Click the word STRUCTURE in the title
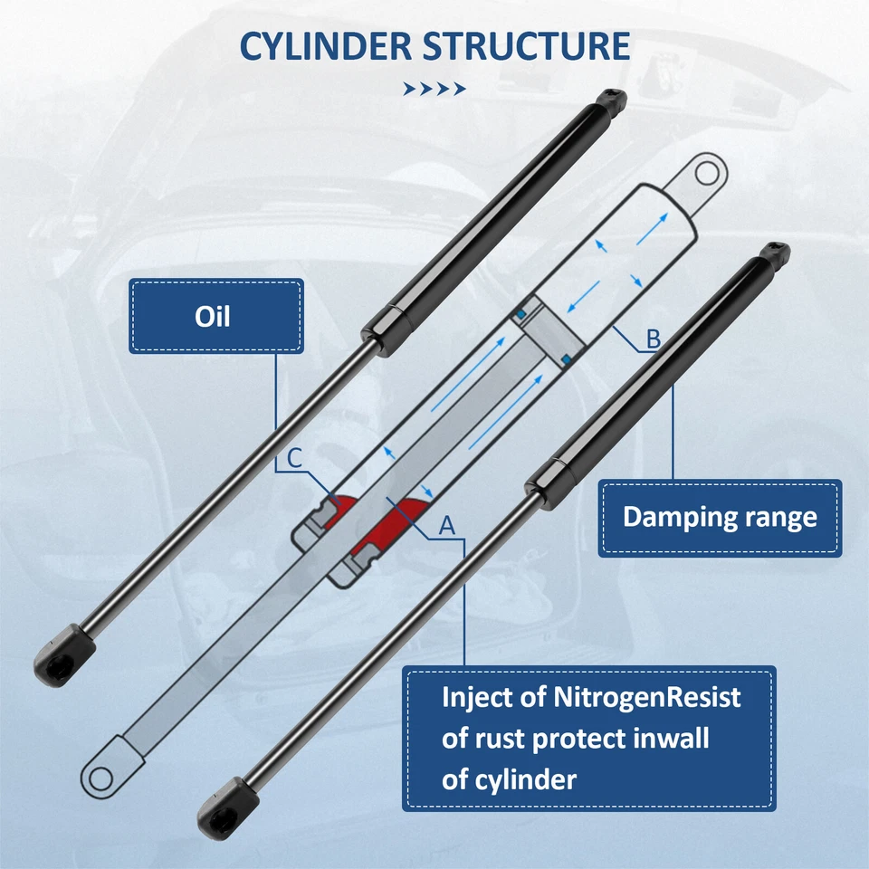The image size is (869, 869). [527, 45]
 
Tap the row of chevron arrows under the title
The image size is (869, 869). [434, 89]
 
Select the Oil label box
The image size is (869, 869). [216, 316]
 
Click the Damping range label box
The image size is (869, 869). [720, 518]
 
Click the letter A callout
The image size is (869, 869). [445, 524]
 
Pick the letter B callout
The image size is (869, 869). [653, 339]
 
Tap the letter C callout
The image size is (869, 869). [294, 460]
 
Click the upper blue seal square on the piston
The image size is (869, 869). [521, 313]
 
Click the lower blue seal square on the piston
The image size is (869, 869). [566, 360]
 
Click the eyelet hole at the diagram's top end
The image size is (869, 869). [709, 171]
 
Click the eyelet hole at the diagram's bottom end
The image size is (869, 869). [98, 775]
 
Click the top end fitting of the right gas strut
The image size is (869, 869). [775, 253]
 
